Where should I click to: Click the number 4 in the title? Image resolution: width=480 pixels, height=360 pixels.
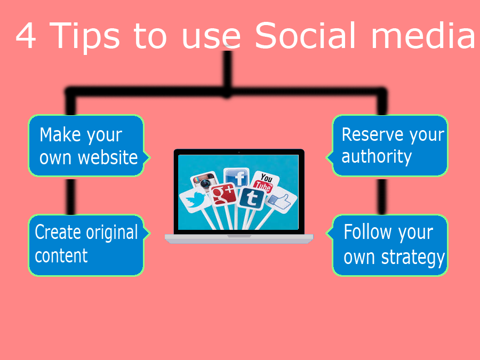[26, 36]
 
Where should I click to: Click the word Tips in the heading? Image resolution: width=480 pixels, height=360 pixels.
[84, 37]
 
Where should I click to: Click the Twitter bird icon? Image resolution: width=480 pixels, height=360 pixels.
[195, 200]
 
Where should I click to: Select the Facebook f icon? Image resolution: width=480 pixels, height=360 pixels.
[236, 177]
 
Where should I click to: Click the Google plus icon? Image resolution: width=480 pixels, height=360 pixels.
[223, 194]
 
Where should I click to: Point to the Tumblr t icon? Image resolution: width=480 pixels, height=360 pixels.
[252, 199]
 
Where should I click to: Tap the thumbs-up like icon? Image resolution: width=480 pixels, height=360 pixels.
[280, 201]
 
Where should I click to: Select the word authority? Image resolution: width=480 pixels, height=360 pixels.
[377, 157]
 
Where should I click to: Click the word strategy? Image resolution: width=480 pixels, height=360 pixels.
[413, 258]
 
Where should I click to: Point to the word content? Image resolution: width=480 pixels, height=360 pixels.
[61, 256]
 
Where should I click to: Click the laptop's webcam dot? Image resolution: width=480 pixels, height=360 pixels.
[239, 152]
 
